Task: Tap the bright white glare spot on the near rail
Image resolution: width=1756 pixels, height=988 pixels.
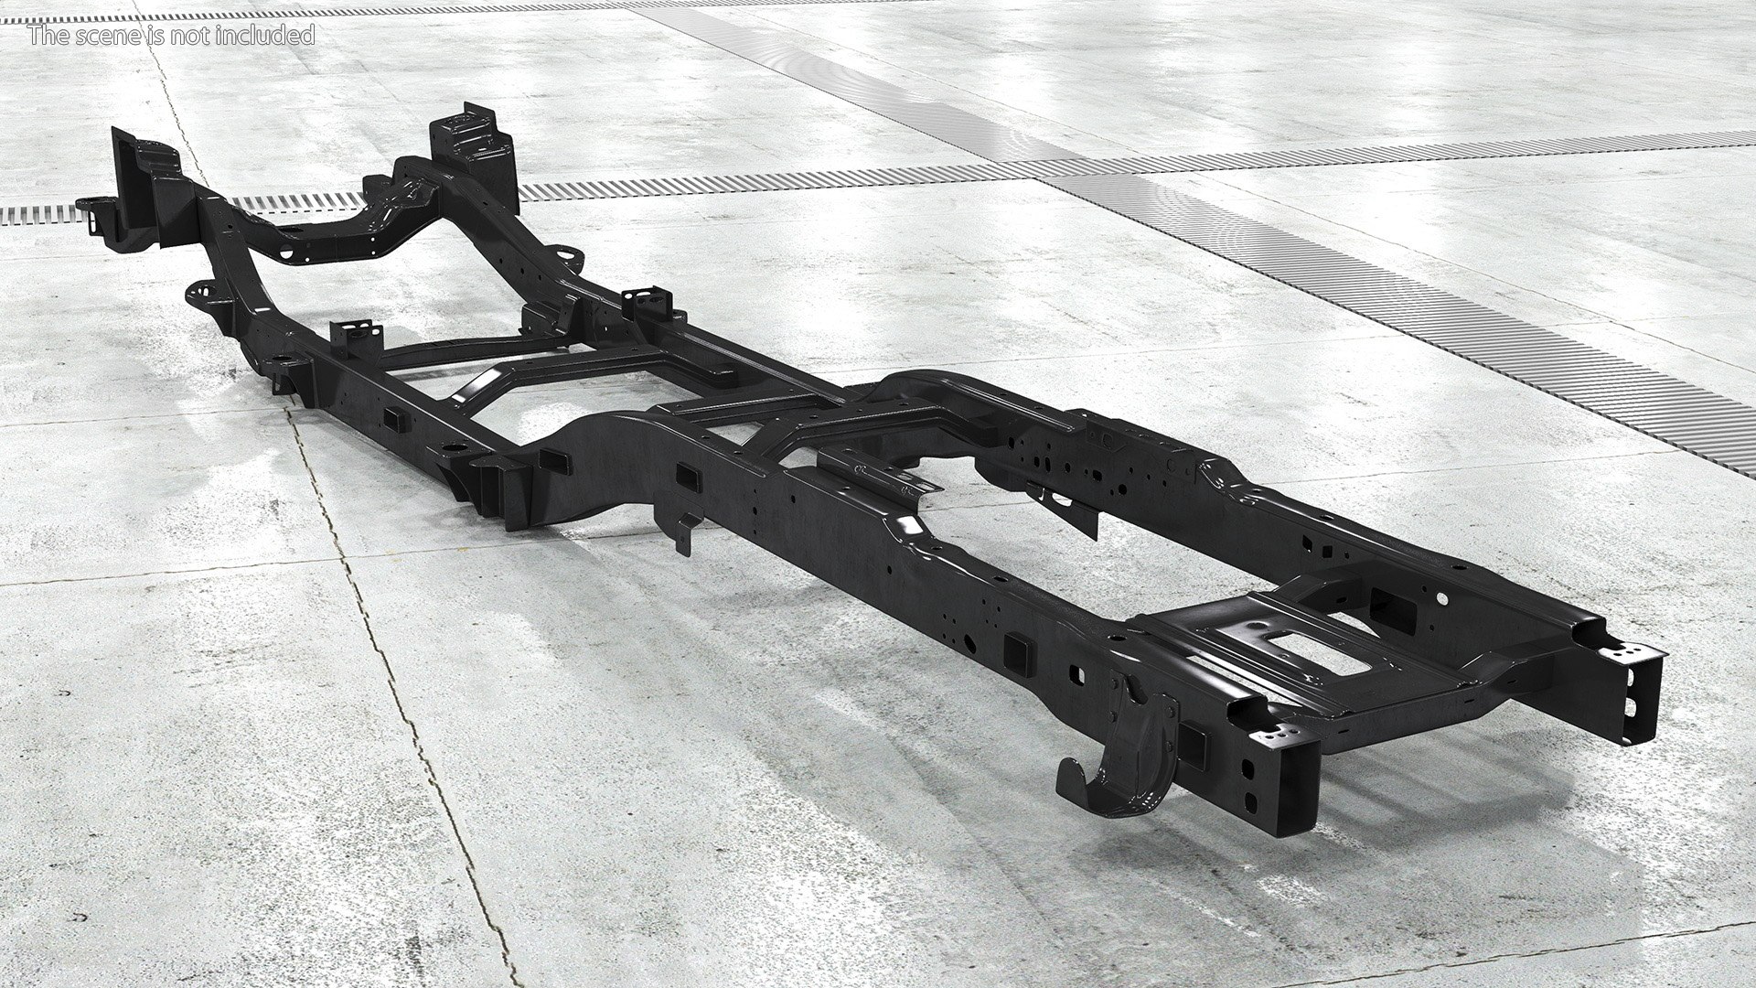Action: click(909, 526)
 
